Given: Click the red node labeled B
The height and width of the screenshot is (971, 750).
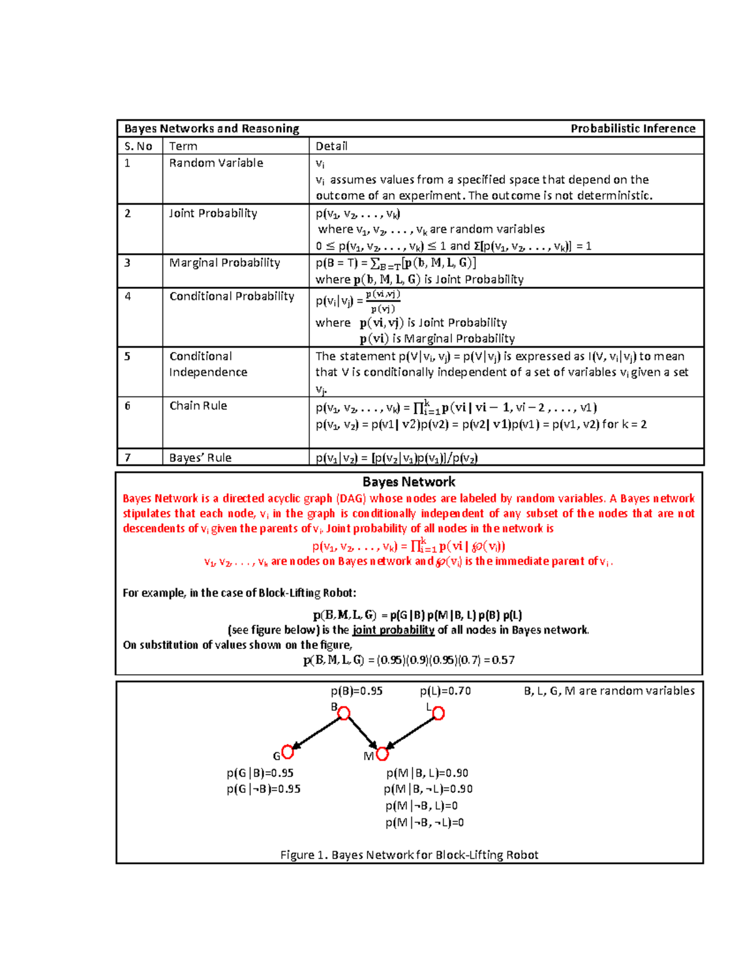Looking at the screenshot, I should [x=344, y=713].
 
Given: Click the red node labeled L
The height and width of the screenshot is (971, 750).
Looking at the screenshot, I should [x=439, y=713].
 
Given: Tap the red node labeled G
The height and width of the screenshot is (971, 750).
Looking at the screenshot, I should [x=287, y=752].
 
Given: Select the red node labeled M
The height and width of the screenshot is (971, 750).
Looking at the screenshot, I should [x=382, y=754].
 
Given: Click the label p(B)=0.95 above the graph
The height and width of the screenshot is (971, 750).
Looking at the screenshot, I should [x=356, y=691].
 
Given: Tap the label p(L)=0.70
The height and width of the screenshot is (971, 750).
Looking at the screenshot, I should [x=445, y=691].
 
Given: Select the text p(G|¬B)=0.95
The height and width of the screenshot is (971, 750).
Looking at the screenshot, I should [x=263, y=789].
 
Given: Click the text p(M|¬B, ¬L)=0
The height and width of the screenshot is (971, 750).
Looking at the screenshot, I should [x=424, y=822].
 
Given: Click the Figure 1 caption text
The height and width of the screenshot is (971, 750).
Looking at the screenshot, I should [x=409, y=855].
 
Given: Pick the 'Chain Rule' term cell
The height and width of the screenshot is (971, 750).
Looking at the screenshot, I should [x=198, y=406].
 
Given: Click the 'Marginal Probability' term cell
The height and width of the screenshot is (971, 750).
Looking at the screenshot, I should [x=224, y=263].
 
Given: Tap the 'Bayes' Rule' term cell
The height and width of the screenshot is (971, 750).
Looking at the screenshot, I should [x=200, y=458].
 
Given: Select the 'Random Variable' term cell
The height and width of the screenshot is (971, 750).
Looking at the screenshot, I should [x=216, y=163].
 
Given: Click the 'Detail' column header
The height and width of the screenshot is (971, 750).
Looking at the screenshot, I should [x=331, y=146].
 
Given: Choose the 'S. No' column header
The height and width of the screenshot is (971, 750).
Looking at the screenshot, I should [x=138, y=146].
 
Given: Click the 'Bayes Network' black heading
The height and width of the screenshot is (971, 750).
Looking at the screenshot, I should [x=409, y=482].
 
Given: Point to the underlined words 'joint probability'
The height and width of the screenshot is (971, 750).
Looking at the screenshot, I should [x=393, y=630].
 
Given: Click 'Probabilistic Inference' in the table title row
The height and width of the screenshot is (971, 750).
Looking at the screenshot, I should [x=632, y=129].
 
